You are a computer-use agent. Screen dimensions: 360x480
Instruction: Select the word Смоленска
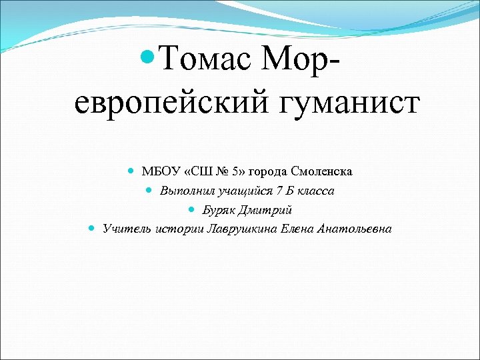pyautogui.click(x=321, y=171)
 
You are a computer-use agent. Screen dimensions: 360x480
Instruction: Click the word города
pyautogui.click(x=267, y=171)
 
